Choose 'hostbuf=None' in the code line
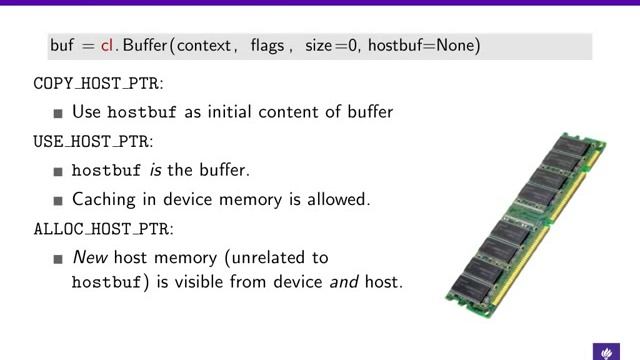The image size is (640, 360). pyautogui.click(x=423, y=46)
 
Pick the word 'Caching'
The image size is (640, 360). pyautogui.click(x=102, y=198)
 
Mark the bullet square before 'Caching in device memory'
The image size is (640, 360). pyautogui.click(x=59, y=199)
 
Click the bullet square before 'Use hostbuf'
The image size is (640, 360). pyautogui.click(x=59, y=113)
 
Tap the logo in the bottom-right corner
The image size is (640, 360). pyautogui.click(x=607, y=351)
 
